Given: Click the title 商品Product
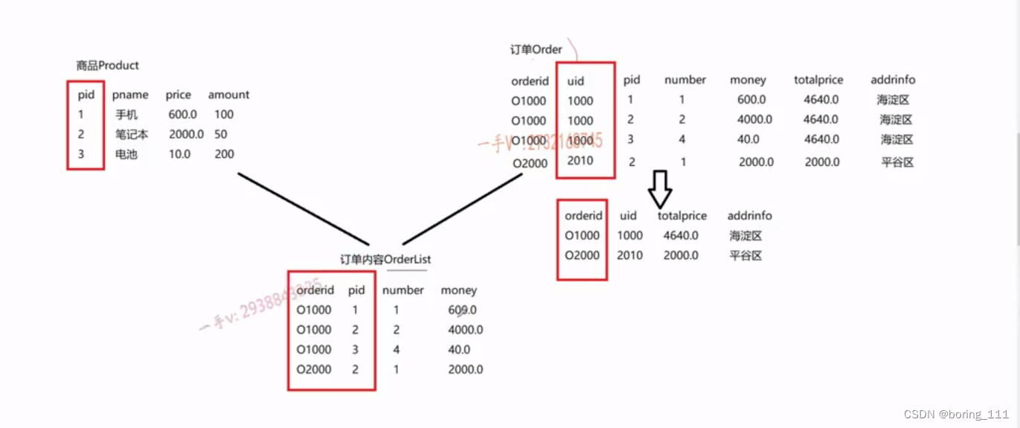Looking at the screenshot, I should (107, 66).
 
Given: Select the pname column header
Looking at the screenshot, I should (130, 95).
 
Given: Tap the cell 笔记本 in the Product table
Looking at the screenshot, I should (132, 135).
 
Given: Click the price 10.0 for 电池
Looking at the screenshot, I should (179, 155).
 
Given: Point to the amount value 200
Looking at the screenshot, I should (223, 155).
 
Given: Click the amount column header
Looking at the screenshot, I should (228, 95).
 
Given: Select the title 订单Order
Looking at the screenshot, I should (536, 49).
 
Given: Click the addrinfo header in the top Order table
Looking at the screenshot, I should (893, 80).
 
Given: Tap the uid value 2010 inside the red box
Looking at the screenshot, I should (580, 161).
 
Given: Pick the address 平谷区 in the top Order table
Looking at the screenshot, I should (896, 162).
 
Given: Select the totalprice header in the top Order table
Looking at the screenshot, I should (818, 80).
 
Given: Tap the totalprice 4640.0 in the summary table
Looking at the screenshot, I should (681, 236).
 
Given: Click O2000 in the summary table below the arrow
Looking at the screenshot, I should (582, 256).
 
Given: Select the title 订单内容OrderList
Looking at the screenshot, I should (385, 259).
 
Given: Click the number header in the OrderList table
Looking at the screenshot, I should (402, 290).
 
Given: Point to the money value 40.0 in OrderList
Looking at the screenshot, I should (459, 350).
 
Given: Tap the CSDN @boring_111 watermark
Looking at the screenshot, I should (956, 415).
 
